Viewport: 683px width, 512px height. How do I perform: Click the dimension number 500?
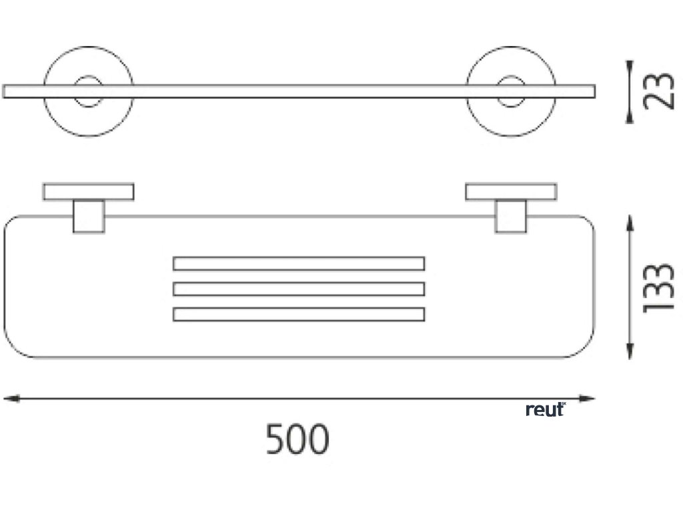click(297, 439)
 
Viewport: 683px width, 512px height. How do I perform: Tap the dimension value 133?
click(658, 287)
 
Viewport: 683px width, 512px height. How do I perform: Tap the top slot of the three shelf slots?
click(299, 263)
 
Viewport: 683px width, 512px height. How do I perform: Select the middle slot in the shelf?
click(299, 289)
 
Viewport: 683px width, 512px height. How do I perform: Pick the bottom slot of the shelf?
click(299, 313)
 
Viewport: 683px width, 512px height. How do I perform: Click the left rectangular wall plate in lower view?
click(89, 191)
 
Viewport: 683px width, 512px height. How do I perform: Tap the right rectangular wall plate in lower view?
click(511, 191)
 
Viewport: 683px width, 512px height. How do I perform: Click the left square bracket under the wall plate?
click(89, 217)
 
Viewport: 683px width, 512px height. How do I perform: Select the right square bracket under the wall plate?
click(511, 217)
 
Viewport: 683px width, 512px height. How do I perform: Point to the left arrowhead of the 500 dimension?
click(9, 399)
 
